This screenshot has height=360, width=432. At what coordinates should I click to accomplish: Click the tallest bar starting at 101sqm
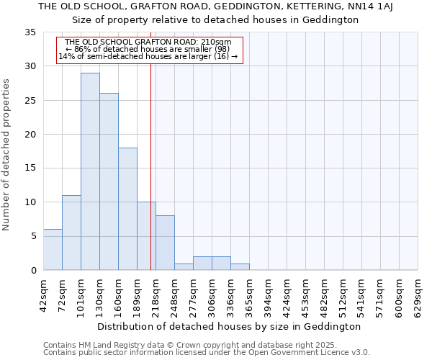(90, 171)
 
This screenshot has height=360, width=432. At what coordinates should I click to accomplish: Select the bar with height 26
(109, 181)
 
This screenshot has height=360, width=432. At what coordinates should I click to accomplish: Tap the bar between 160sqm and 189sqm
(127, 209)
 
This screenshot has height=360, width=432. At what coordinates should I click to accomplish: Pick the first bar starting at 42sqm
(53, 249)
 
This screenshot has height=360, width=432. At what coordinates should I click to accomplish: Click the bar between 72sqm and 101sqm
(71, 233)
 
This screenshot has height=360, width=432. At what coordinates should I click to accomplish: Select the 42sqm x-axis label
(43, 297)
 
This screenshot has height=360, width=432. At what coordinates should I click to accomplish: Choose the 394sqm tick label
(268, 297)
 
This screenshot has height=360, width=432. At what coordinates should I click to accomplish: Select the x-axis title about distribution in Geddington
(229, 326)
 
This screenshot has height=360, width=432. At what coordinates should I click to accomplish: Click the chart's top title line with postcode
(215, 6)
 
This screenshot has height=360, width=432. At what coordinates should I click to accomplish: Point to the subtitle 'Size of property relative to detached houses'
(215, 19)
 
